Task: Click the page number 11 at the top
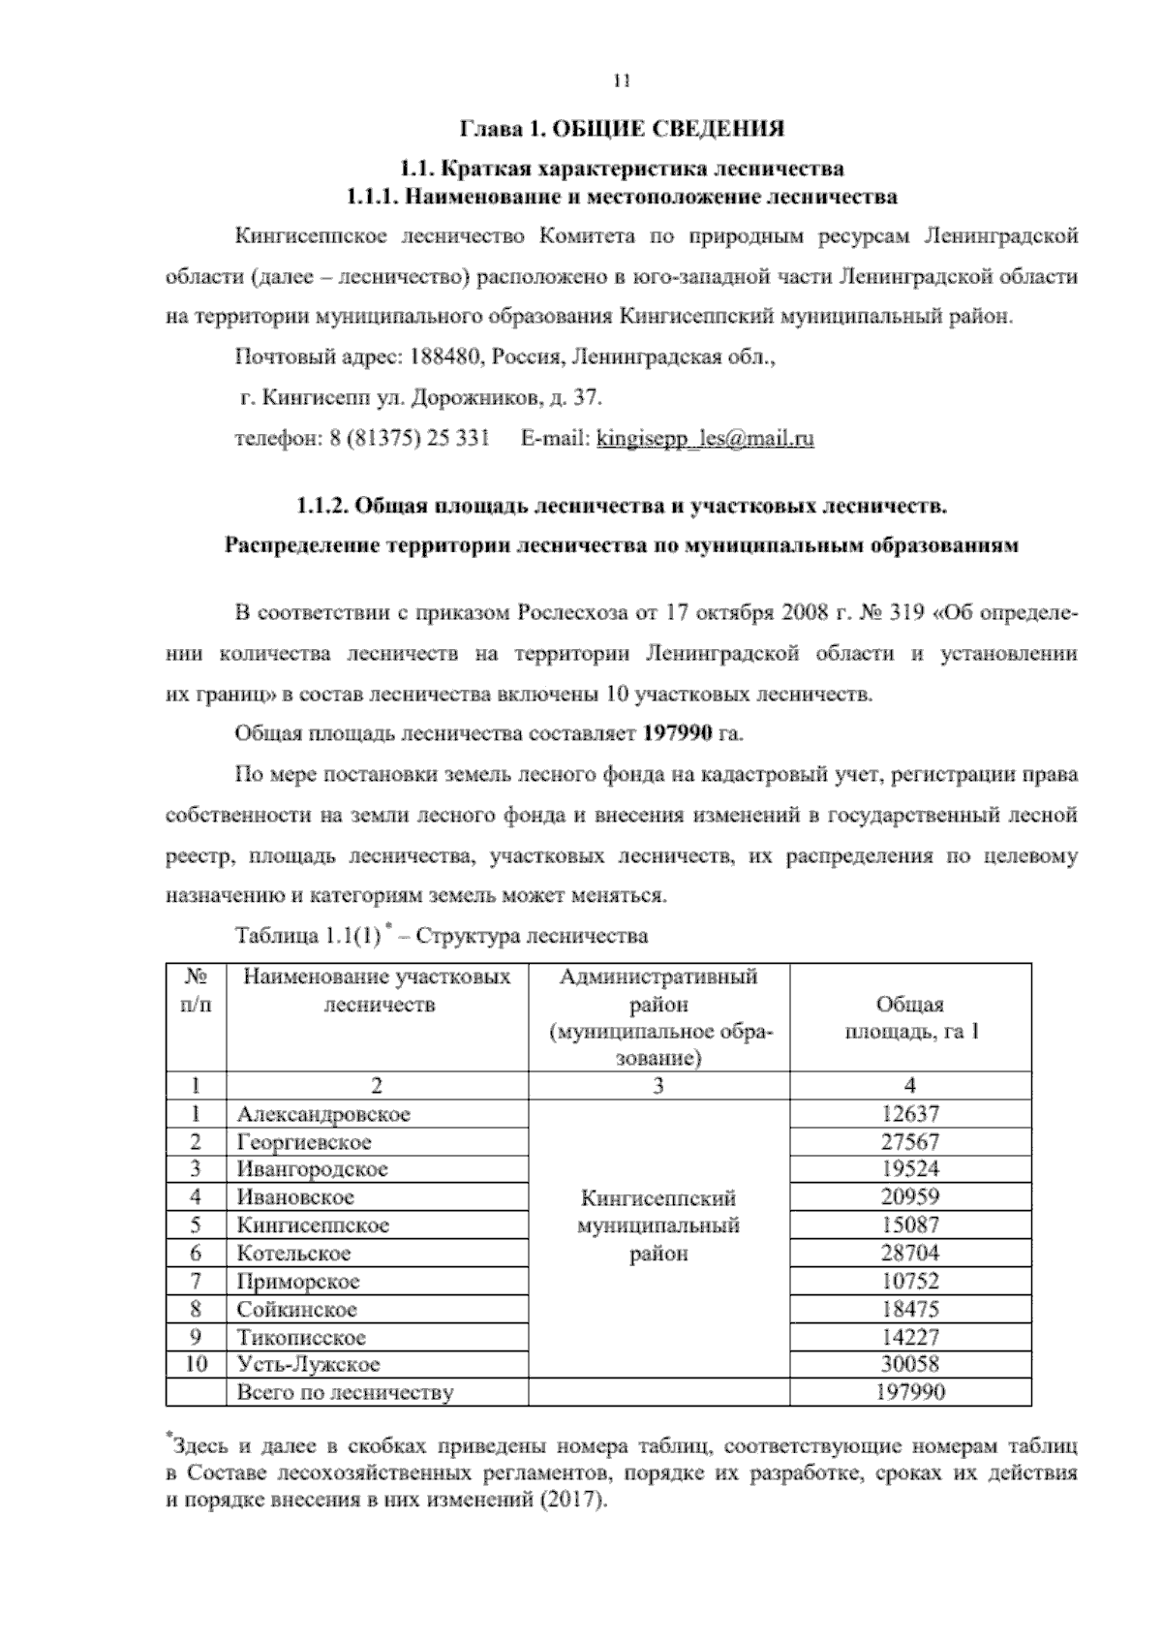click(x=622, y=81)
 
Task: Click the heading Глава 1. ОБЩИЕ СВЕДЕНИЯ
click(x=621, y=129)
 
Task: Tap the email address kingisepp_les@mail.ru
click(x=705, y=439)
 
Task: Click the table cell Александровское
click(x=323, y=1114)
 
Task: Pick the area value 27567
click(x=909, y=1142)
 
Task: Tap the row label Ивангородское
click(x=312, y=1169)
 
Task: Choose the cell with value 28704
click(x=909, y=1254)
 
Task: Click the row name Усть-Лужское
click(x=308, y=1365)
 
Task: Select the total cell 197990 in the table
click(x=909, y=1393)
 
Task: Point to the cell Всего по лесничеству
click(x=345, y=1393)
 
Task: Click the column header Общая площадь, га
click(x=909, y=1018)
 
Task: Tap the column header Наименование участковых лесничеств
click(x=377, y=991)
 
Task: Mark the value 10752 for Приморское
click(x=909, y=1282)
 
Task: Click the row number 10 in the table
click(x=196, y=1365)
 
